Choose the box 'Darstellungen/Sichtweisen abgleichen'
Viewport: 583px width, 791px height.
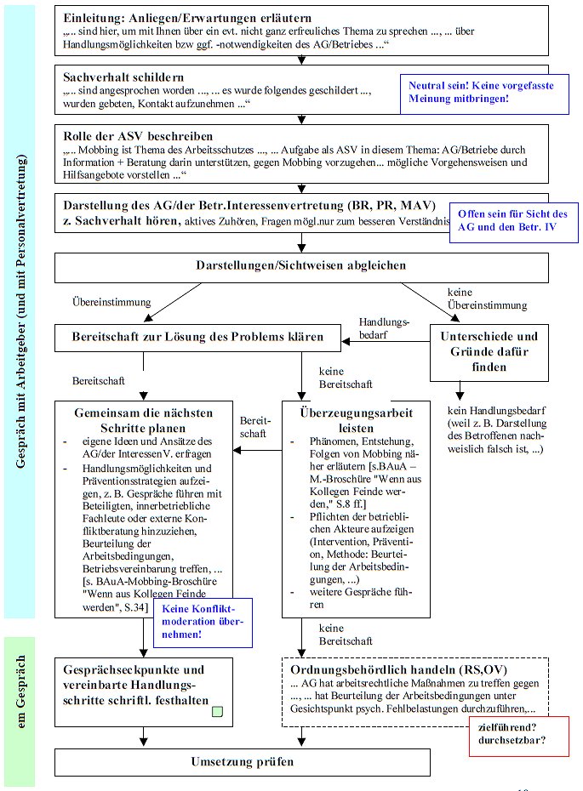(x=300, y=265)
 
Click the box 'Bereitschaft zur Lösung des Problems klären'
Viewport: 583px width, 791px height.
(x=197, y=338)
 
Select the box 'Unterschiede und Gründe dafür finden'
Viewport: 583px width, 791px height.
(x=489, y=351)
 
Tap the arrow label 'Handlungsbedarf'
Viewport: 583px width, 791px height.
(x=384, y=328)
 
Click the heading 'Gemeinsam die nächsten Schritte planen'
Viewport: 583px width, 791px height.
(x=142, y=420)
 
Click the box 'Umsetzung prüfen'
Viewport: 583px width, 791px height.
(x=302, y=761)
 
